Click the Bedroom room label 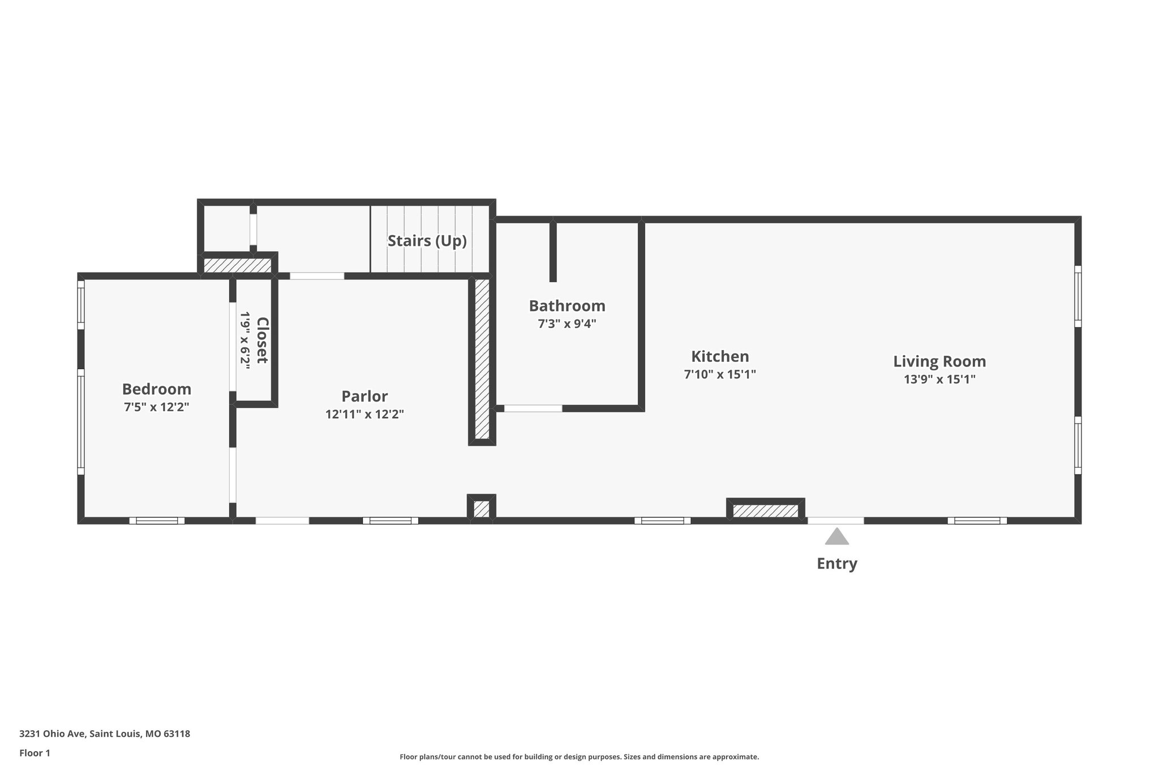pos(157,389)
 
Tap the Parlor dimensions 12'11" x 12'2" pos(364,414)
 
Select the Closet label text pos(262,340)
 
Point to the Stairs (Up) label pos(427,241)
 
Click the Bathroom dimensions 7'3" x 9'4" pos(567,324)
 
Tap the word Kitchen pos(720,356)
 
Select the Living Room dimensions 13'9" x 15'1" pos(939,379)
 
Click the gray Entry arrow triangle pos(836,537)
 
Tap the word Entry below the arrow pos(836,563)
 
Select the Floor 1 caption pos(35,753)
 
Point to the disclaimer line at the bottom pos(579,757)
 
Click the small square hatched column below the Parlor pos(482,508)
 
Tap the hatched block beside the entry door pos(765,511)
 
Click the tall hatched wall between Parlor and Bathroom pos(482,359)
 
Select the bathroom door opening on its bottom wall pos(533,408)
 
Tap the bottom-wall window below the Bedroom pos(157,521)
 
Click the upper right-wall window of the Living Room pos(1078,296)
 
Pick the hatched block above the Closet pos(237,265)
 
